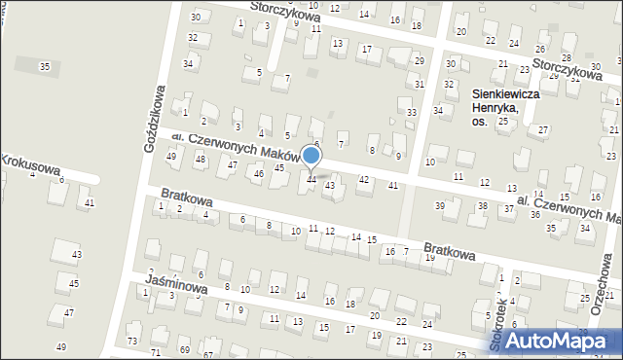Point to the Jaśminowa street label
tap(176, 284)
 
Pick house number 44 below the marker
tap(311, 179)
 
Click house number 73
tap(131, 342)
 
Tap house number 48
tap(201, 159)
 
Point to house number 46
tap(258, 173)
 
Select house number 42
tap(364, 179)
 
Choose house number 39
tap(440, 205)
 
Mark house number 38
tap(482, 206)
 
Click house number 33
tap(412, 113)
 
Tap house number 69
tap(184, 348)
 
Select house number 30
tap(195, 18)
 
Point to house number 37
tap(508, 209)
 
